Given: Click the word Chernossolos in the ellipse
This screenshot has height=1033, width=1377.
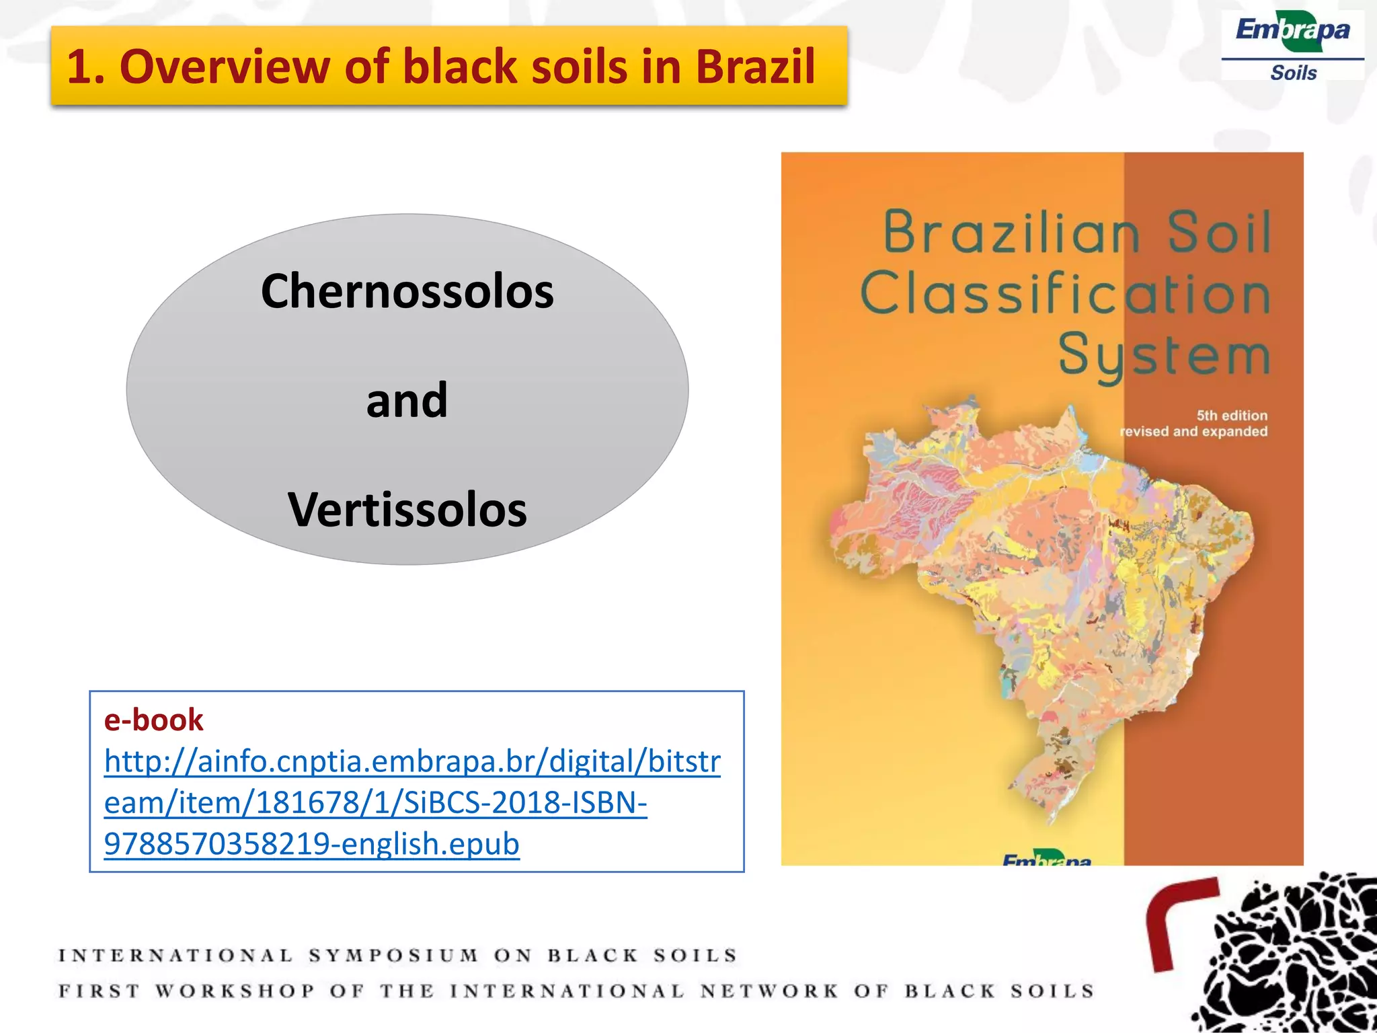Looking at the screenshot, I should [407, 291].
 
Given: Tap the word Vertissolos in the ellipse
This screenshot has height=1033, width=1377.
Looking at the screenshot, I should [407, 510].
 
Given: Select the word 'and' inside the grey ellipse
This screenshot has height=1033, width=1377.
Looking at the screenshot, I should [407, 400].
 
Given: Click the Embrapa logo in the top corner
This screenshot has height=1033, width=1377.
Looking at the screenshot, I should [1292, 32].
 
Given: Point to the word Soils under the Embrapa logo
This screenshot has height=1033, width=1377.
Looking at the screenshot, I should [1293, 73].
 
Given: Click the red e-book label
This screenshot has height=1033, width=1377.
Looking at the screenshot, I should [153, 720].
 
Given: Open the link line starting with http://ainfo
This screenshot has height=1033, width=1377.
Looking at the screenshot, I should [411, 761].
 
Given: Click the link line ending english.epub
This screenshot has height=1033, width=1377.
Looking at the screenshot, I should [311, 843].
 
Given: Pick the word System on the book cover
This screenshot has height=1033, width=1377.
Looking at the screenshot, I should [1164, 355].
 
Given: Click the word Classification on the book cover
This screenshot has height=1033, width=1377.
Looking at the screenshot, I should [1065, 294].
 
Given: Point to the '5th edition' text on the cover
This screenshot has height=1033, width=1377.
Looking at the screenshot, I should [1231, 415].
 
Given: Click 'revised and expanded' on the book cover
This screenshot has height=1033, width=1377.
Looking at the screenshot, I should [1193, 431].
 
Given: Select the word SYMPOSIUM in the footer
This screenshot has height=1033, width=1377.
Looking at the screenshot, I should [393, 956].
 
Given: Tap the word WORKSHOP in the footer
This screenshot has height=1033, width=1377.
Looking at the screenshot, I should [235, 991].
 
